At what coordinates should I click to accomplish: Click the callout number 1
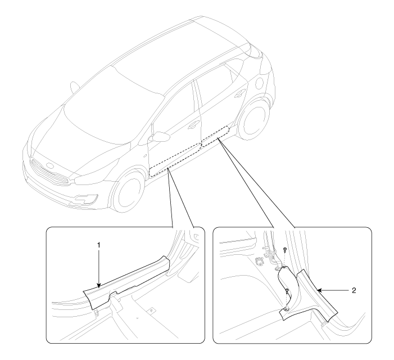coord(99,245)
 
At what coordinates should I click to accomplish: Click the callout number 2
coord(354,291)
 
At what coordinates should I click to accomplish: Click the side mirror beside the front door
coord(159,137)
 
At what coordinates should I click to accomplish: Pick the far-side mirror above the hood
coord(74,87)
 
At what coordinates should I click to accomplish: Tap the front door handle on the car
coord(193,125)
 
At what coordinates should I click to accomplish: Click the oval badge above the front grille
coord(50,166)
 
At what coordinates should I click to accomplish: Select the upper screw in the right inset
coord(284,249)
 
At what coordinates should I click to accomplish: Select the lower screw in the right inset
coord(287,291)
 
